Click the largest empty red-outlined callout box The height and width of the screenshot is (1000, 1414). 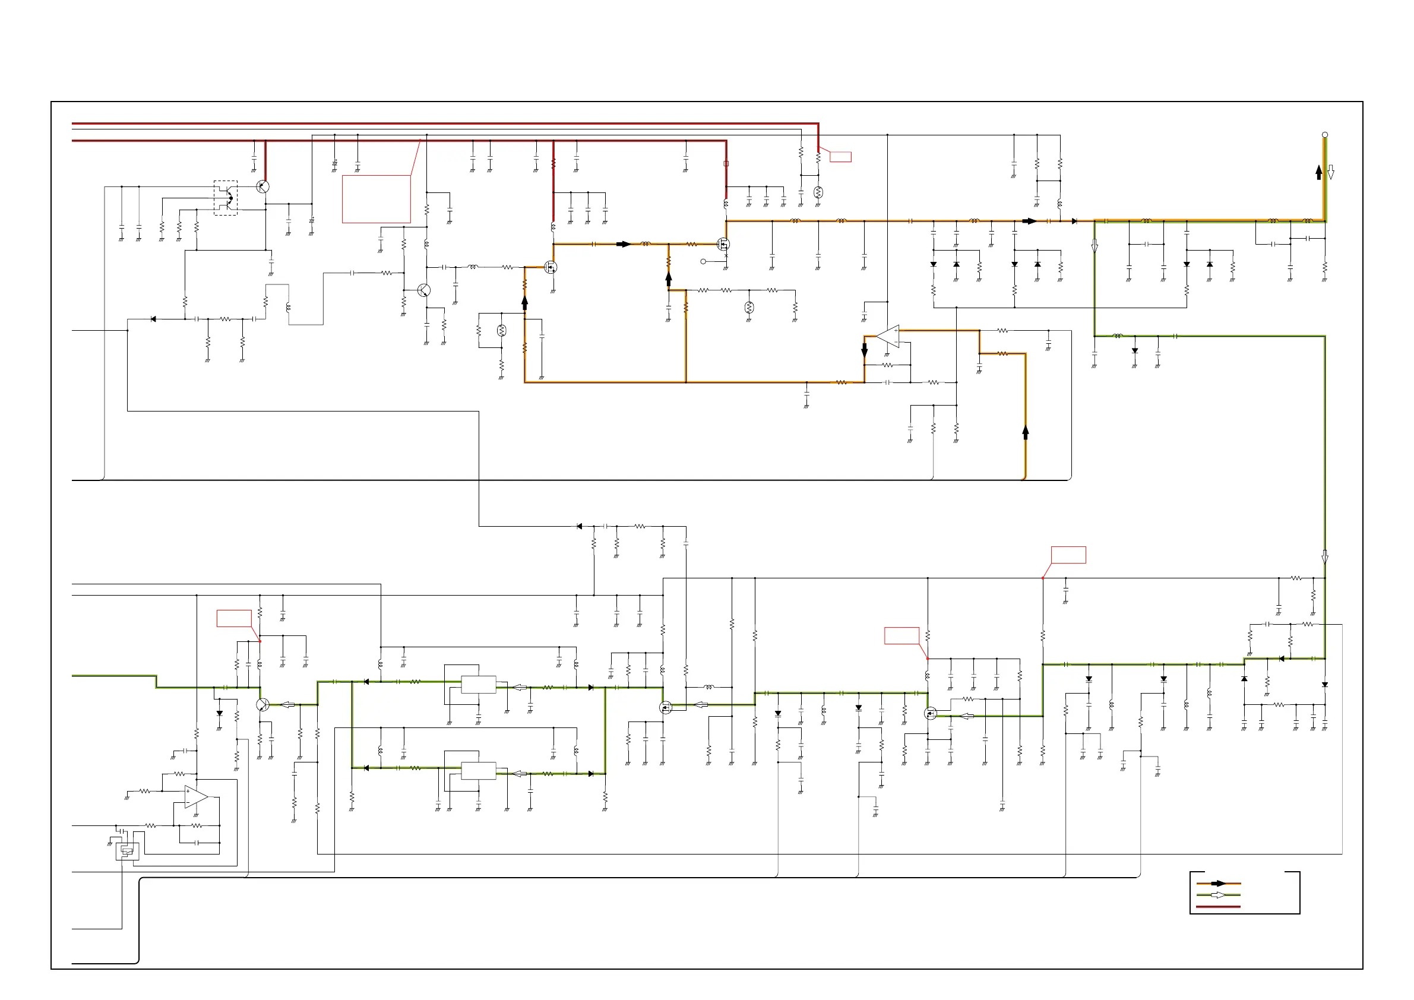pyautogui.click(x=377, y=199)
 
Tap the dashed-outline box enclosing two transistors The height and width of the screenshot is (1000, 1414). pyautogui.click(x=226, y=198)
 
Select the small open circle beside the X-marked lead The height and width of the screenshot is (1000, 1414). pyautogui.click(x=703, y=262)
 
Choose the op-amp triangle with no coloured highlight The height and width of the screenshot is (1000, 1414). pyautogui.click(x=196, y=797)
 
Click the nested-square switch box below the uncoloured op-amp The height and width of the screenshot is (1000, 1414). pyautogui.click(x=128, y=852)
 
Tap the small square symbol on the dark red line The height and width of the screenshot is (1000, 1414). pyautogui.click(x=726, y=164)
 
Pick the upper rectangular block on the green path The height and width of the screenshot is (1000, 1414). pyautogui.click(x=479, y=685)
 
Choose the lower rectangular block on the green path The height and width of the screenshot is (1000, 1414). pyautogui.click(x=479, y=771)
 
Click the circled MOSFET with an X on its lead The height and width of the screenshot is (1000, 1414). pyautogui.click(x=723, y=245)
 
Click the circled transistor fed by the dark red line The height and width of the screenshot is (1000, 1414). pyautogui.click(x=263, y=186)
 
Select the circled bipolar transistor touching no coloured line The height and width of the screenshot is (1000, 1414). pyautogui.click(x=423, y=290)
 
